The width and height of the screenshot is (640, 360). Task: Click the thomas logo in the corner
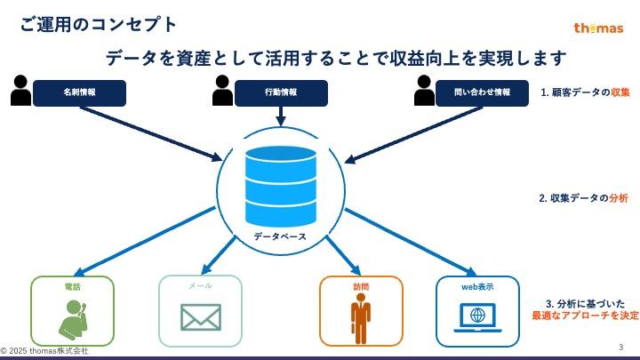pyautogui.click(x=598, y=28)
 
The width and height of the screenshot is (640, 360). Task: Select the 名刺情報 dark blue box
pyautogui.click(x=79, y=92)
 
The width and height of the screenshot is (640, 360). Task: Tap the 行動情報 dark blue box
pyautogui.click(x=281, y=92)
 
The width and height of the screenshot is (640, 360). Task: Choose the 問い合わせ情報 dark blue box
pyautogui.click(x=482, y=92)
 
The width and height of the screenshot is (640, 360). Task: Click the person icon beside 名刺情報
pyautogui.click(x=20, y=90)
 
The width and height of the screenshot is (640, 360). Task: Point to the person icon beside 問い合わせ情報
pyautogui.click(x=424, y=90)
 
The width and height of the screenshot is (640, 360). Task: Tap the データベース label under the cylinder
pyautogui.click(x=280, y=236)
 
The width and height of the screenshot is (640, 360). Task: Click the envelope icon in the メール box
pyautogui.click(x=200, y=317)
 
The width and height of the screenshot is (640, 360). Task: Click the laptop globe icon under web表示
pyautogui.click(x=477, y=317)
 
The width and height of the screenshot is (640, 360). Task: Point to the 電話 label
pyautogui.click(x=72, y=287)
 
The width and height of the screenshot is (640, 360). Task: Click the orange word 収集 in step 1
pyautogui.click(x=620, y=92)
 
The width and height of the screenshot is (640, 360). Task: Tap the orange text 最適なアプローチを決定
pyautogui.click(x=585, y=316)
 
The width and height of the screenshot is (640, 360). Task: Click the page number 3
pyautogui.click(x=620, y=347)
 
